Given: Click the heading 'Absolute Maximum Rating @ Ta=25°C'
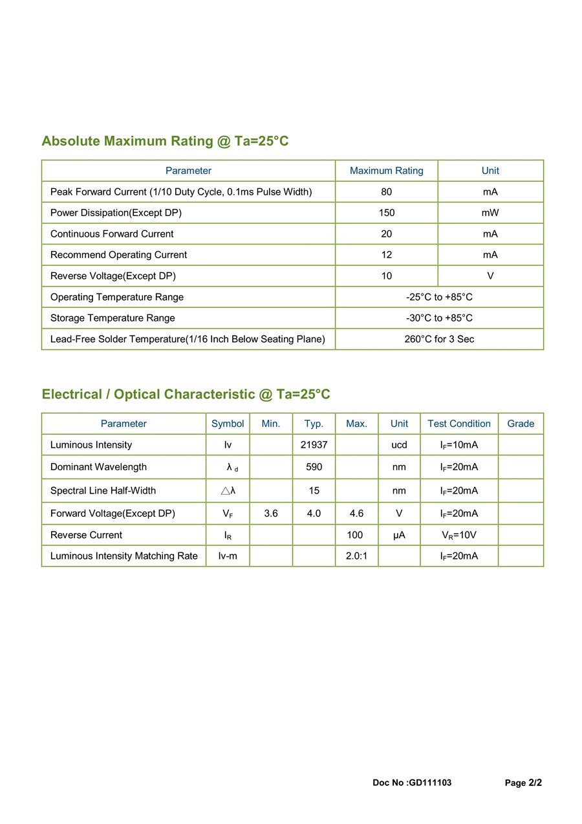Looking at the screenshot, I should [x=165, y=141].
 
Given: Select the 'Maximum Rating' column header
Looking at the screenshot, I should [x=386, y=171].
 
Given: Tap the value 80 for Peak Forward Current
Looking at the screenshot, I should [x=386, y=192].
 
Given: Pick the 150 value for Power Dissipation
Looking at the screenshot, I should [x=386, y=213].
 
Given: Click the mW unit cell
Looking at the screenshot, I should [x=490, y=213].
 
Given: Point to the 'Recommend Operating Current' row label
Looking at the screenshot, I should [x=118, y=255].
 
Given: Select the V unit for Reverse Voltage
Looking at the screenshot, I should [x=490, y=276].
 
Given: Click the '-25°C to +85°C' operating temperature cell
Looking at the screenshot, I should [x=438, y=297].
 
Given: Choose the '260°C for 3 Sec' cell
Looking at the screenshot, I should [x=438, y=339].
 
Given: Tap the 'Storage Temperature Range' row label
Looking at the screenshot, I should [x=113, y=318].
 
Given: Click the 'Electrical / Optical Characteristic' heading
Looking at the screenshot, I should [x=186, y=395].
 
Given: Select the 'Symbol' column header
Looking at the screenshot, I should [x=228, y=424].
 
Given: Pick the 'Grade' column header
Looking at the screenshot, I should [x=521, y=424].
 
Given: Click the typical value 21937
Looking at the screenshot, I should [x=314, y=445].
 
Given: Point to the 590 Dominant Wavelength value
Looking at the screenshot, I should [x=314, y=467].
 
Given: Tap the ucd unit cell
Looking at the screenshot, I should [x=399, y=445].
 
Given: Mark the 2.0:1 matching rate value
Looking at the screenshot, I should [x=356, y=556].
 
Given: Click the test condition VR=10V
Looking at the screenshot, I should [x=459, y=535].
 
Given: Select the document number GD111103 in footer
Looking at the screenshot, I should [x=430, y=783].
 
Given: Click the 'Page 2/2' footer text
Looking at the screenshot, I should [x=523, y=783].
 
